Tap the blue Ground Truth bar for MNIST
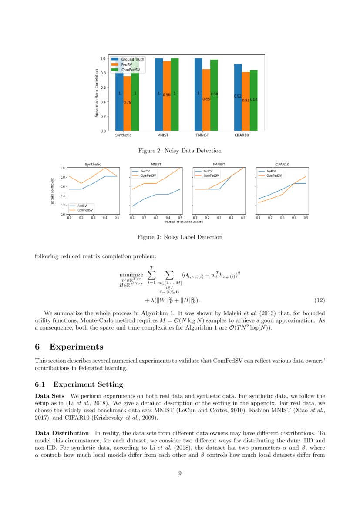pos(159,94)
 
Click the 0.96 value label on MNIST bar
pos(166,94)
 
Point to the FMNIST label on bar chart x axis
pos(202,135)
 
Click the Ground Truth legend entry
pos(132,59)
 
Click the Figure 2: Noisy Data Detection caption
pos(180,151)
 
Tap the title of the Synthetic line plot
pos(92,164)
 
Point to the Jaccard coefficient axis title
pos(53,191)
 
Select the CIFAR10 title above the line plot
pos(282,164)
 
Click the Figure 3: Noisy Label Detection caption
pos(180,237)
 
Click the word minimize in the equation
pos(131,275)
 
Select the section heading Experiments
pos(76,347)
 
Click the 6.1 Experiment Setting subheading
pos(79,384)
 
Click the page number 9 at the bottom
pos(180,474)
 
